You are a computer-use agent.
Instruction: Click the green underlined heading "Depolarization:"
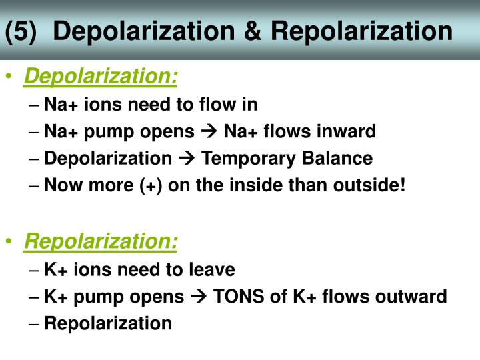point(101,78)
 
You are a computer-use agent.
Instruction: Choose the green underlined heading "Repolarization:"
point(101,242)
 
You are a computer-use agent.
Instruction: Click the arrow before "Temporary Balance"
point(187,159)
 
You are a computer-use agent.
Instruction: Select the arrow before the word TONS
point(199,297)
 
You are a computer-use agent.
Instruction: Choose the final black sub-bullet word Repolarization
point(108,323)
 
